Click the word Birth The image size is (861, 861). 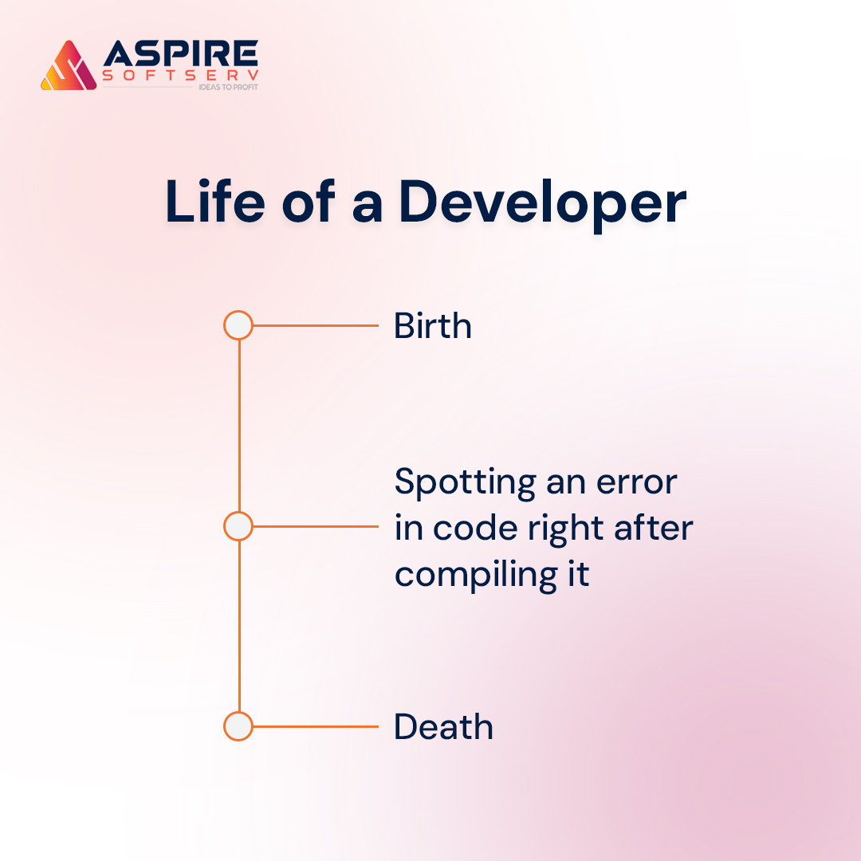click(x=433, y=326)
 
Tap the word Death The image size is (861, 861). click(x=443, y=727)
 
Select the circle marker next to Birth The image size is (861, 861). click(x=238, y=326)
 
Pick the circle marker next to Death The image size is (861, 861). click(x=238, y=727)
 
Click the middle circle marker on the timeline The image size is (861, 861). click(x=238, y=526)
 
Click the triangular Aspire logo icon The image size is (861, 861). click(x=69, y=66)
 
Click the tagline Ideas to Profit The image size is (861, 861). click(x=227, y=87)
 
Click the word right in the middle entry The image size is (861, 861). click(x=564, y=529)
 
